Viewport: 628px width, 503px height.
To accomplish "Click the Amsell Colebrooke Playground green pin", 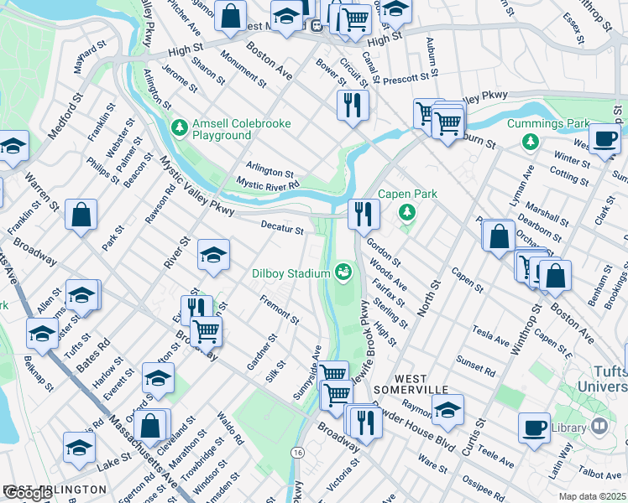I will (178, 128).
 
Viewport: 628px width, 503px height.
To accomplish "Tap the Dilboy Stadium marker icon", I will (343, 272).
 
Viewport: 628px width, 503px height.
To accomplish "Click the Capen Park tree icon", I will (407, 211).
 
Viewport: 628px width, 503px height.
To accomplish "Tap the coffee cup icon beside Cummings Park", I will (604, 139).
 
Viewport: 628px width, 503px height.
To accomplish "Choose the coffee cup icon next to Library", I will (534, 428).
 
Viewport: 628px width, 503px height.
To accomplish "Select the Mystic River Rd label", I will (267, 183).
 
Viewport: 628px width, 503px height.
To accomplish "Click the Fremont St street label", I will (280, 309).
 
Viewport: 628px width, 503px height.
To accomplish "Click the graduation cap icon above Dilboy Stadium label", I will (213, 255).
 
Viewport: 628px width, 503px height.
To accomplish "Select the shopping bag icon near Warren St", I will (81, 215).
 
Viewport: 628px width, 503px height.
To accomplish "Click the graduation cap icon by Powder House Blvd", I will (447, 411).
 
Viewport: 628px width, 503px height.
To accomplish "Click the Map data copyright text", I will (592, 496).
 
